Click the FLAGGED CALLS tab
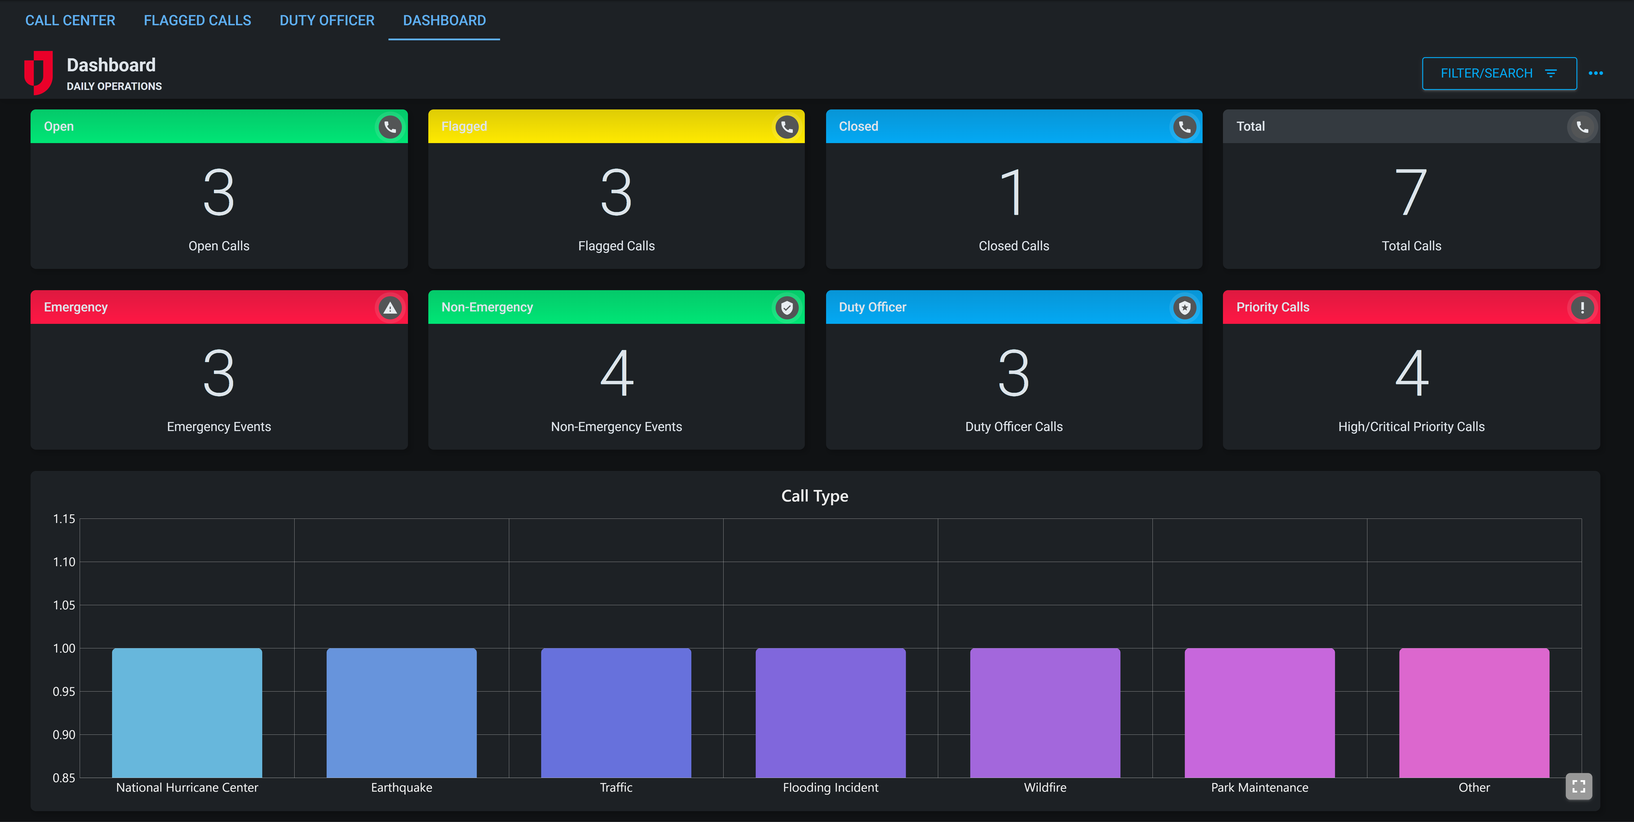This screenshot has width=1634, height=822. coord(197,20)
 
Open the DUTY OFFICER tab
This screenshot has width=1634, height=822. coord(327,20)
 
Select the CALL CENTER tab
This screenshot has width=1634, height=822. coord(70,20)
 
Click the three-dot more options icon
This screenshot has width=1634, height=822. coord(1595,74)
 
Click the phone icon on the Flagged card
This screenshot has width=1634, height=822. coord(787,127)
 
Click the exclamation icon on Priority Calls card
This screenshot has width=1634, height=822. coord(1582,308)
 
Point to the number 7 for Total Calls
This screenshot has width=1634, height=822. coord(1411,192)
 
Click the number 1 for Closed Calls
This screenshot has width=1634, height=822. coord(1013,192)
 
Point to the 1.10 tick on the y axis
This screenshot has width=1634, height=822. coord(63,562)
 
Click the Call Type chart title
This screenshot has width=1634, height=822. coord(815,496)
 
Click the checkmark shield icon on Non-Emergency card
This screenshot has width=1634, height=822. coord(787,308)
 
